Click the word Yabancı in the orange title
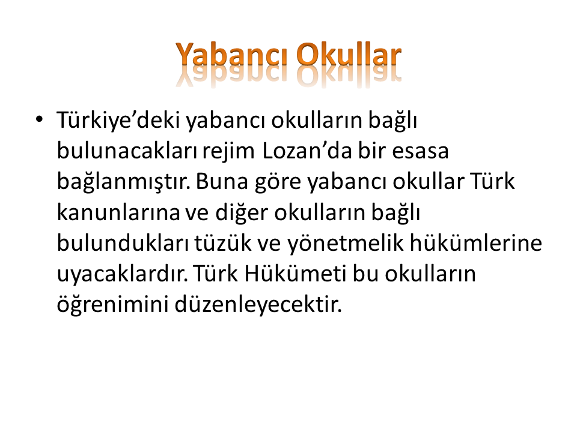click(231, 56)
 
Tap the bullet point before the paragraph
click(39, 119)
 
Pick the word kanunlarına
click(118, 212)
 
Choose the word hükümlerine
click(476, 243)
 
